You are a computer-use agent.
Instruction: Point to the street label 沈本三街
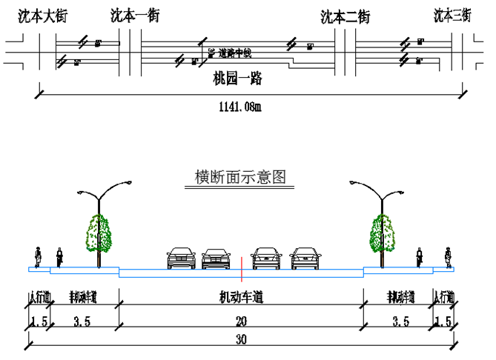(452, 16)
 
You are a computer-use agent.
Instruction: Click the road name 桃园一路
(238, 78)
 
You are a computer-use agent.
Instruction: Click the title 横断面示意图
(240, 178)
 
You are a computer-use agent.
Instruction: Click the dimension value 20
(241, 322)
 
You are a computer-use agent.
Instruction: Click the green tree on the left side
(98, 233)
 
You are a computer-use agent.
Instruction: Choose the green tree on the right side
(383, 233)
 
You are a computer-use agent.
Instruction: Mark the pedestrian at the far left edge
(37, 256)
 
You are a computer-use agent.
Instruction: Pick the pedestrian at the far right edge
(448, 256)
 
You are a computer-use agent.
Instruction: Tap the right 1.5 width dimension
(443, 322)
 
